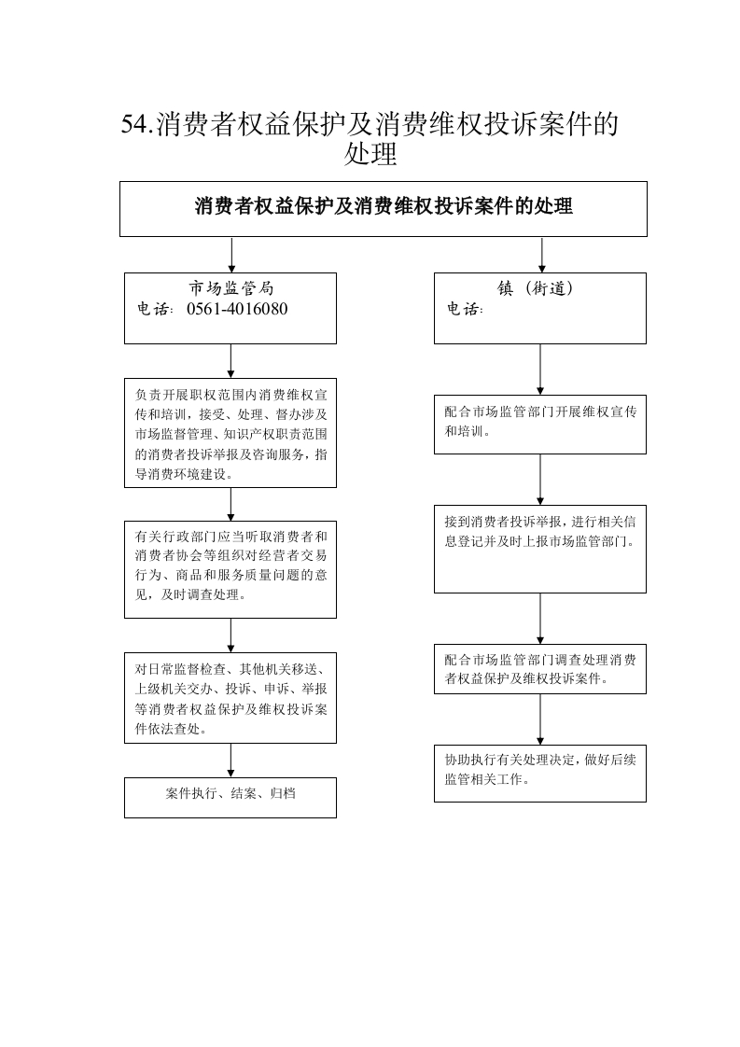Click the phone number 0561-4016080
click(237, 309)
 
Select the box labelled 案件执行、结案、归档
click(230, 797)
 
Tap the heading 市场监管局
click(231, 288)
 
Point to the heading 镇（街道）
click(535, 288)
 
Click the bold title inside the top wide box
click(384, 205)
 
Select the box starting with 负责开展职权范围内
click(230, 433)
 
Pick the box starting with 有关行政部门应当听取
click(230, 569)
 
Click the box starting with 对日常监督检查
click(230, 698)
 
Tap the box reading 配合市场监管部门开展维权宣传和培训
click(540, 425)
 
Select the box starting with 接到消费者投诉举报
click(540, 549)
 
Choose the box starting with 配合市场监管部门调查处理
click(540, 669)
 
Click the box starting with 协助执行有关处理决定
click(540, 774)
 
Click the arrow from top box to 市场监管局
click(231, 255)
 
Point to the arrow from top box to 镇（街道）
click(541, 255)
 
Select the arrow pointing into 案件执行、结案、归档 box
click(231, 760)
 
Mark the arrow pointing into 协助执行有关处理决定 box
click(540, 719)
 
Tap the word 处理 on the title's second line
click(370, 154)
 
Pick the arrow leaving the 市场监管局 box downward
click(231, 361)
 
